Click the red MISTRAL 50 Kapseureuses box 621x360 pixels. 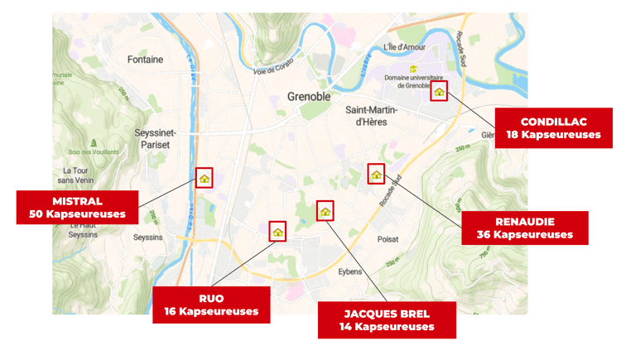[77, 207]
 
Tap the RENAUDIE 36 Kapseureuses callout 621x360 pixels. [525, 228]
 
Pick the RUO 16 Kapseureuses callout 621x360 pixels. [212, 305]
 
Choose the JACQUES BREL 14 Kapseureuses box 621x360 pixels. [387, 319]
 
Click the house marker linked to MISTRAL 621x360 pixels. [205, 178]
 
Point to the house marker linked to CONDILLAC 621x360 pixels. [439, 91]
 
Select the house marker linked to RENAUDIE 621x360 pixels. [377, 174]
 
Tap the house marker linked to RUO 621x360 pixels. [277, 231]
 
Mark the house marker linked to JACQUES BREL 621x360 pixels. [325, 211]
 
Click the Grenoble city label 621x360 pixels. [308, 96]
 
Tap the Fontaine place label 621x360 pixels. [146, 60]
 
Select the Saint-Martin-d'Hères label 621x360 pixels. [370, 116]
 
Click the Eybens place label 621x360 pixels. [351, 271]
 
